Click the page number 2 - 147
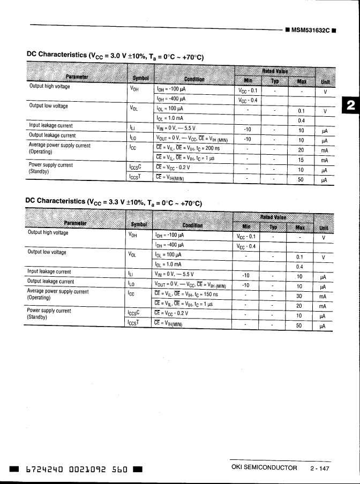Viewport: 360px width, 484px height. [x=319, y=468]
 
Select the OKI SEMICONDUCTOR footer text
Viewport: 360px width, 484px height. [x=264, y=468]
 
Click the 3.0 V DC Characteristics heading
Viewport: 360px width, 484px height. [x=115, y=56]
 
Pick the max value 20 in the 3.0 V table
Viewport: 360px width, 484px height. [x=301, y=150]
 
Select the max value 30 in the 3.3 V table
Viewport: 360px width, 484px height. [x=299, y=296]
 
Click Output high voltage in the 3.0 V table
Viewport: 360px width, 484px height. [x=49, y=87]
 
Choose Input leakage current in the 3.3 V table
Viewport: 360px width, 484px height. [x=49, y=272]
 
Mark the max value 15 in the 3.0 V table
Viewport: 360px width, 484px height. [x=301, y=160]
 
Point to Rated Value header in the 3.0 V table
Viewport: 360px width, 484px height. [x=274, y=71]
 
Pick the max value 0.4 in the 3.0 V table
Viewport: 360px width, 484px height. [x=301, y=120]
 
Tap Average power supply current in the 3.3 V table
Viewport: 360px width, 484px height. [x=57, y=292]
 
